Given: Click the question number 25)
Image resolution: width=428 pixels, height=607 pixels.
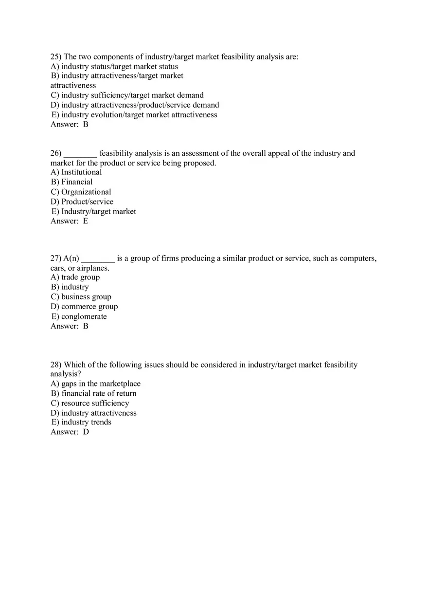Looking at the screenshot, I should pos(56,57).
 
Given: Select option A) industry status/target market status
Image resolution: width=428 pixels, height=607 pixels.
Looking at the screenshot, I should pos(114,67).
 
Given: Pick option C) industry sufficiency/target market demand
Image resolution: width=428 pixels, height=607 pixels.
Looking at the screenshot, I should pos(127,95).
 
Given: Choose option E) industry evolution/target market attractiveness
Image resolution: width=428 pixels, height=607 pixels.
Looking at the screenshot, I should pos(134,115).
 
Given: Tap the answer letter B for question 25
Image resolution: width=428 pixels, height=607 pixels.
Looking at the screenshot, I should pos(86,125).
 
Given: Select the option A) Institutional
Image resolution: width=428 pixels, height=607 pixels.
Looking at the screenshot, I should pos(76,172).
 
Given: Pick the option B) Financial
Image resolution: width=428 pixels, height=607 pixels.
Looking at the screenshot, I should pos(71,182).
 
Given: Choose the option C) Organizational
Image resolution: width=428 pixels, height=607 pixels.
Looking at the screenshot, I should pos(81,192).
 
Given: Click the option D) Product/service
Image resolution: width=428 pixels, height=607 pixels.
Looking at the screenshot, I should pos(82,202).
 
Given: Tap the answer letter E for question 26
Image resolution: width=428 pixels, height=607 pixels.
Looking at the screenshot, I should pos(86,221).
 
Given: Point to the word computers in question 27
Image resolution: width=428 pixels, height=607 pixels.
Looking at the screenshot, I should pos(357,258).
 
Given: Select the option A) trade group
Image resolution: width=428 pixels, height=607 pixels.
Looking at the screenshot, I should pos(75,277).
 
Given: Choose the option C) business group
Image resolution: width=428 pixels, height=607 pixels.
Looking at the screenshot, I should pos(81,297).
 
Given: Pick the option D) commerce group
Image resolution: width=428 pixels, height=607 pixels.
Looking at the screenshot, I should pos(84,307).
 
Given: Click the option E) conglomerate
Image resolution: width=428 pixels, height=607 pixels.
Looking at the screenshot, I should pos(79,317).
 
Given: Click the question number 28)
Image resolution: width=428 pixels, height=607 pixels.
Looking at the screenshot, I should pos(56,365).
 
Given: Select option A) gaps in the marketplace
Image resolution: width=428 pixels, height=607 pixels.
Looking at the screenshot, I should pos(95,384).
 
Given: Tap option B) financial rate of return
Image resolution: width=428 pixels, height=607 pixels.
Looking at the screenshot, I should pos(93,393).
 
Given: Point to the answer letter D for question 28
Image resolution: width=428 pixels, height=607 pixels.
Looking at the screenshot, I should pos(86,432).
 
